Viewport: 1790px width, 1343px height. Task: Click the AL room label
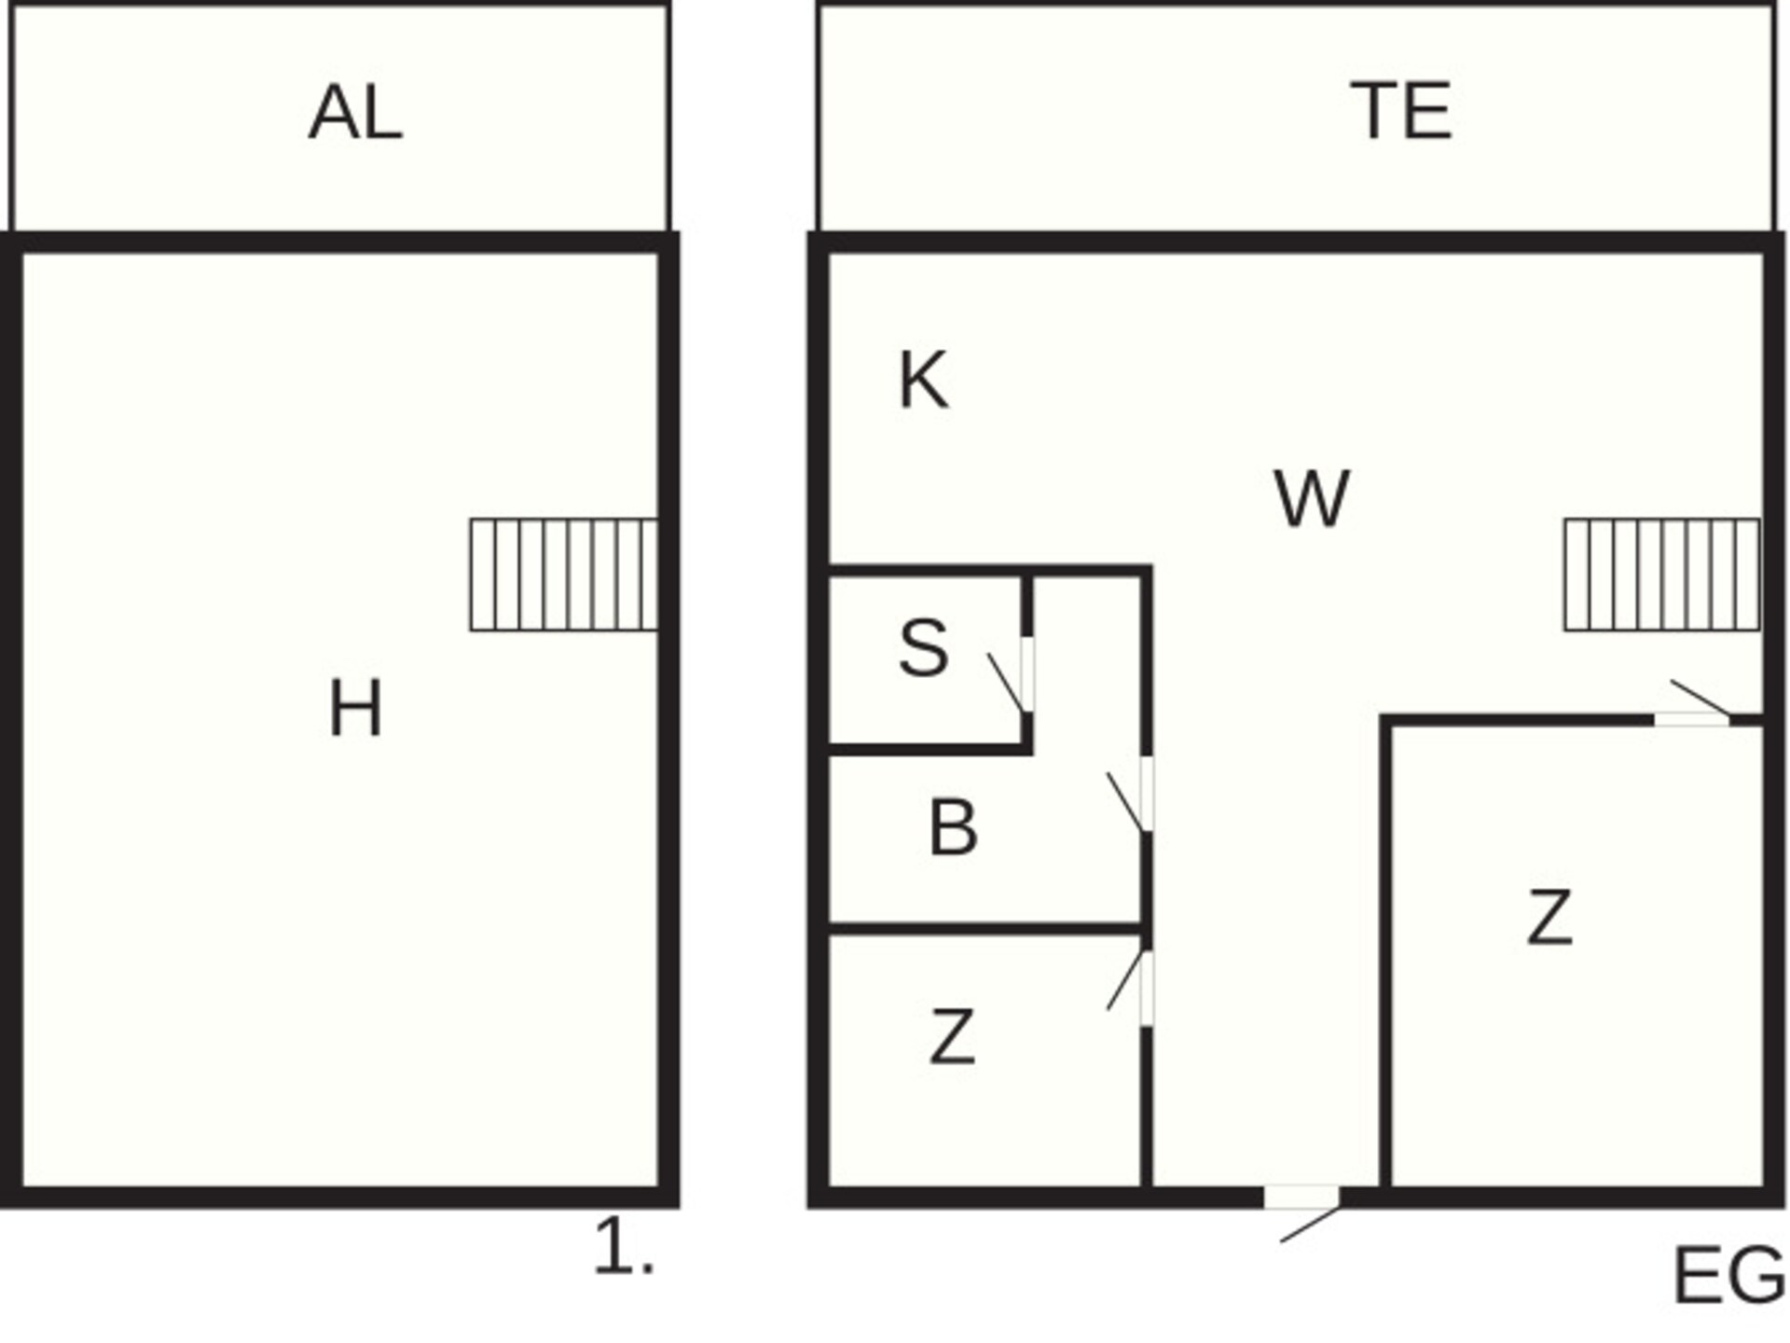[355, 113]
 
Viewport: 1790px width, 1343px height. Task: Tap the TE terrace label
[1401, 112]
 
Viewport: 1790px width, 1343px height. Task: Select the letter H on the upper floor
[356, 709]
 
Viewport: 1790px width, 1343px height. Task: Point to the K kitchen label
[923, 381]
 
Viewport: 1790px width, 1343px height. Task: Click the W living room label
[1312, 499]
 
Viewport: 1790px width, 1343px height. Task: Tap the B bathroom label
[953, 827]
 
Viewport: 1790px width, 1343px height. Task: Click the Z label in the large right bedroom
[1549, 918]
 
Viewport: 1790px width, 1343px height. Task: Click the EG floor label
[1729, 1277]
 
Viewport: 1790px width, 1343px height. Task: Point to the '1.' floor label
[624, 1247]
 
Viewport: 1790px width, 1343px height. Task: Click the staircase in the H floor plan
[564, 575]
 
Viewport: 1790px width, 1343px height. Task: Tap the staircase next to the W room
[1662, 575]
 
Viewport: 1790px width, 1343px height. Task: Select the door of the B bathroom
[1134, 794]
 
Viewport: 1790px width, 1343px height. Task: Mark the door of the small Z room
[1134, 988]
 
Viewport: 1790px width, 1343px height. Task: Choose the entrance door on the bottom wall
[1305, 1210]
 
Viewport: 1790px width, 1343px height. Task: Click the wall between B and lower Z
[986, 929]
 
